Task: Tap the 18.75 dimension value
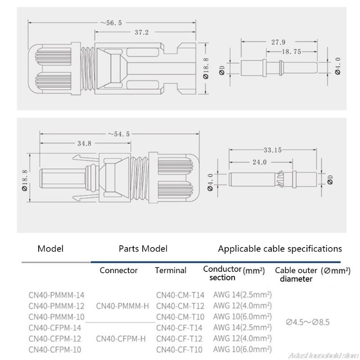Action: [291, 52]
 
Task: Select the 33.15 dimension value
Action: [275, 149]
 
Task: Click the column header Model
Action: [50, 248]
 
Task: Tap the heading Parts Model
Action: [143, 248]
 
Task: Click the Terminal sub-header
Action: [171, 270]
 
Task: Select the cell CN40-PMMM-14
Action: [56, 295]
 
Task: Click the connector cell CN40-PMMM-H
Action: [122, 306]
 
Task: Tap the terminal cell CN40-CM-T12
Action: [180, 306]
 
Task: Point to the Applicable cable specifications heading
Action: [280, 248]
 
